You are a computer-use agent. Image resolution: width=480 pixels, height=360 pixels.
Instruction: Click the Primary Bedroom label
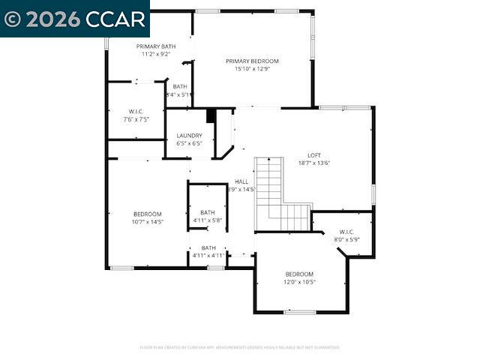252,61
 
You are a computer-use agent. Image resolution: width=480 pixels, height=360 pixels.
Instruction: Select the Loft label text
314,155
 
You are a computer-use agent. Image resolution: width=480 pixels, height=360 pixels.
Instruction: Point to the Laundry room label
189,136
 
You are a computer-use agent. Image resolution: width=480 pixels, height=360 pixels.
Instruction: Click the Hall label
241,181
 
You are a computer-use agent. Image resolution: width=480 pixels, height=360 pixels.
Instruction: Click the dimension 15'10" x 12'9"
252,69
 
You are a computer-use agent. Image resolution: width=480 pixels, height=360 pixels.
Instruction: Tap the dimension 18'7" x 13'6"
314,163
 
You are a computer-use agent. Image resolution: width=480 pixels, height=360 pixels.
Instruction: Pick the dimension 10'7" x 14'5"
148,222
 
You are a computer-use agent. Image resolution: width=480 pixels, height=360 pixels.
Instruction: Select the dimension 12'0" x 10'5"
299,282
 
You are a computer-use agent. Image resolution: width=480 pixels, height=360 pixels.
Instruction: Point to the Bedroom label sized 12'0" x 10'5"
299,274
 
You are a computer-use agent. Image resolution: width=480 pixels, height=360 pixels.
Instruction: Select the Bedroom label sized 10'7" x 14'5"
148,214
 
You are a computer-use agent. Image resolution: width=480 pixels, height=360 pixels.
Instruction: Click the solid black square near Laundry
211,115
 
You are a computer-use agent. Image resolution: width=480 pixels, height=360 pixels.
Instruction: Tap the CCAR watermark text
113,19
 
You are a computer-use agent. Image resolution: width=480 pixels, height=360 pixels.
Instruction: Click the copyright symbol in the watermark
13,19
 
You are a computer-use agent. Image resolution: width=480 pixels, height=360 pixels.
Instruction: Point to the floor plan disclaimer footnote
240,347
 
